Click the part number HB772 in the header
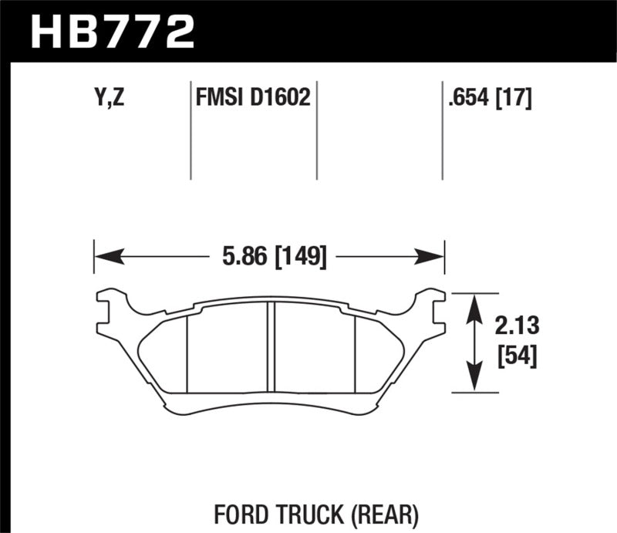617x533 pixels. [111, 32]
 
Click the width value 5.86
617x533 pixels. [238, 255]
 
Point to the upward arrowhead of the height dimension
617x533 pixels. [474, 303]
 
